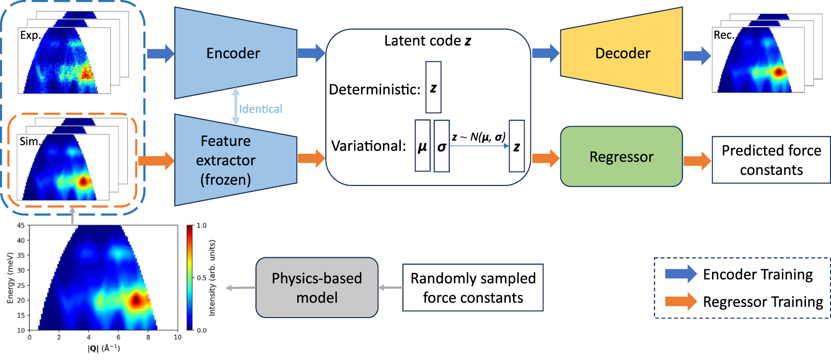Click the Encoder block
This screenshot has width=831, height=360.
click(x=234, y=53)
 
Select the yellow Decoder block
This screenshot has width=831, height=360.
click(x=622, y=53)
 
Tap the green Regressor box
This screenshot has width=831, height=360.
click(x=621, y=157)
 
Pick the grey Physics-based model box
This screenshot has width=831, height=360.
click(x=317, y=288)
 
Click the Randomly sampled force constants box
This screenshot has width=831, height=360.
click(x=473, y=288)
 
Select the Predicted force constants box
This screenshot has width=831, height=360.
click(x=771, y=160)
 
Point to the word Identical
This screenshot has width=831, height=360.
click(x=261, y=109)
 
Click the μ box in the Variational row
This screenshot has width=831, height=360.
click(x=422, y=146)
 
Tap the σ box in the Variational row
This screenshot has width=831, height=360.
click(x=441, y=146)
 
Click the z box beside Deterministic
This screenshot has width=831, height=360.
click(x=433, y=87)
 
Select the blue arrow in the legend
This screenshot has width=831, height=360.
click(x=680, y=274)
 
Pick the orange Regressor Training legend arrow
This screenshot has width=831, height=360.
click(x=680, y=301)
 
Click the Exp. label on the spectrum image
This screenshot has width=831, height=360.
click(x=30, y=35)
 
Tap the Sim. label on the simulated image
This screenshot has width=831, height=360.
click(x=29, y=141)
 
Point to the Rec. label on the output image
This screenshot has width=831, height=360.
click(x=724, y=35)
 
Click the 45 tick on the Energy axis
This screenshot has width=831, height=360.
click(x=21, y=225)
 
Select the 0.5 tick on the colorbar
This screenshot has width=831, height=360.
click(x=201, y=278)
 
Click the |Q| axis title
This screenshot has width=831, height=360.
click(x=104, y=348)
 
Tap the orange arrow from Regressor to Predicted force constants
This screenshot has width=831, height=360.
click(x=697, y=160)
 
